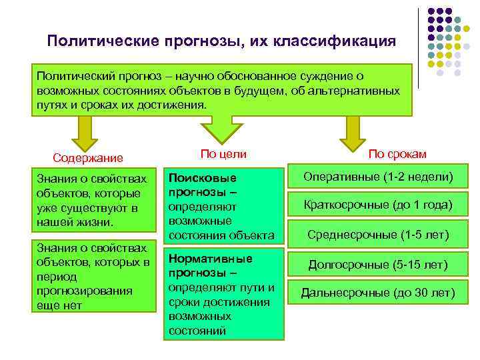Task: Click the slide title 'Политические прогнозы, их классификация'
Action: click(x=221, y=41)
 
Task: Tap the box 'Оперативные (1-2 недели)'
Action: click(x=378, y=177)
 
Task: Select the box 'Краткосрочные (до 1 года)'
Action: click(x=378, y=205)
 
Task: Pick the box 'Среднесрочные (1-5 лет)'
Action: click(x=378, y=235)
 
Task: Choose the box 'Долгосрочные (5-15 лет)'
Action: click(x=378, y=265)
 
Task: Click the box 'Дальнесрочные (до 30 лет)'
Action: click(x=378, y=293)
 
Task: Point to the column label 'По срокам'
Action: click(x=397, y=154)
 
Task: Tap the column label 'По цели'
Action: click(x=223, y=154)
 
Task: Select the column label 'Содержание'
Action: click(x=88, y=158)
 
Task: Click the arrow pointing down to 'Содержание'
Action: click(x=84, y=132)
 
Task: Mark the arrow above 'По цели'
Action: click(x=213, y=123)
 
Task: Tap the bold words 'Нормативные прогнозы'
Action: click(x=211, y=265)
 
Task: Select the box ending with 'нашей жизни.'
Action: click(x=93, y=200)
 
